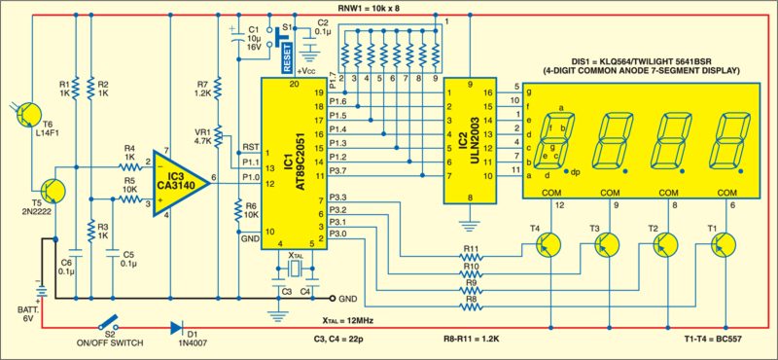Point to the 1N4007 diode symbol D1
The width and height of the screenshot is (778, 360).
coord(177,329)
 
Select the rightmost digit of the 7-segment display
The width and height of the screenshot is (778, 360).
coord(733,142)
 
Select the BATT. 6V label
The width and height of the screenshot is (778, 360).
coord(22,311)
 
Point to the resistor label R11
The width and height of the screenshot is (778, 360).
coord(470,251)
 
